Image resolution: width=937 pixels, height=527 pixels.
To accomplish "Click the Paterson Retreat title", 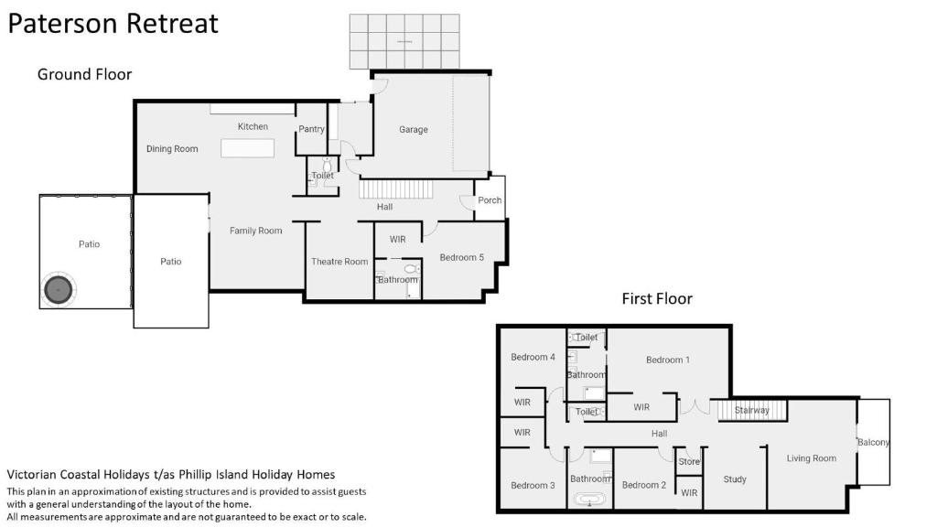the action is coord(113,24).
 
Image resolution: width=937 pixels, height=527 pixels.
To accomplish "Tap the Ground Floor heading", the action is coord(84,74).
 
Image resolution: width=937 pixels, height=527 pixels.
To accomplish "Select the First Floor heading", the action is coord(657,299).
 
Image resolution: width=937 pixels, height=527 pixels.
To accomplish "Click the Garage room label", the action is coord(414,130).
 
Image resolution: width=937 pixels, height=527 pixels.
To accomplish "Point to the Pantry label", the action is coord(311,129).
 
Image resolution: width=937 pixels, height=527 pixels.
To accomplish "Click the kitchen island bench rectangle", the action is coord(247,148).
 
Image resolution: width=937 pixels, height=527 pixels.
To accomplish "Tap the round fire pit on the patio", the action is coord(59,290).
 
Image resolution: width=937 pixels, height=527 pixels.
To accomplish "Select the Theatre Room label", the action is coord(339,262).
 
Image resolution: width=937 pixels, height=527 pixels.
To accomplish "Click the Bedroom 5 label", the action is coord(462,257).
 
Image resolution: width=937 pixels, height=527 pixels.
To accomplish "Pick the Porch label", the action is coord(490,200).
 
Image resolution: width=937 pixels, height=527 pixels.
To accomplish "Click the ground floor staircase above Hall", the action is coord(395,189).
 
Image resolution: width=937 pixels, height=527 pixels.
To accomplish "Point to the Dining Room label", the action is coord(172,149).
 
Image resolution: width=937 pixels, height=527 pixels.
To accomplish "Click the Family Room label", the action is coord(256,231).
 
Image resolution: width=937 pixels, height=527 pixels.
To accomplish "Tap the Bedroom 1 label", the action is coord(668,360).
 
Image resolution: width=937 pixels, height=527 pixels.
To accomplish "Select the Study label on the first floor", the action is coord(735,479).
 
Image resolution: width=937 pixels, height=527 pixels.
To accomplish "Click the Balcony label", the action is coord(874,442).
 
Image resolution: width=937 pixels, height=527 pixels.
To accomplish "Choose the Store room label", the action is coord(689,462).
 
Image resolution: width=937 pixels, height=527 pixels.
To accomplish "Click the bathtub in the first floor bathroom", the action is coord(590,500).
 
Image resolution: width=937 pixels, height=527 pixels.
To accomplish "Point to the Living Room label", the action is coord(812,458).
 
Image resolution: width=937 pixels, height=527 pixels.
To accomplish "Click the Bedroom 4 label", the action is coord(533,358).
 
